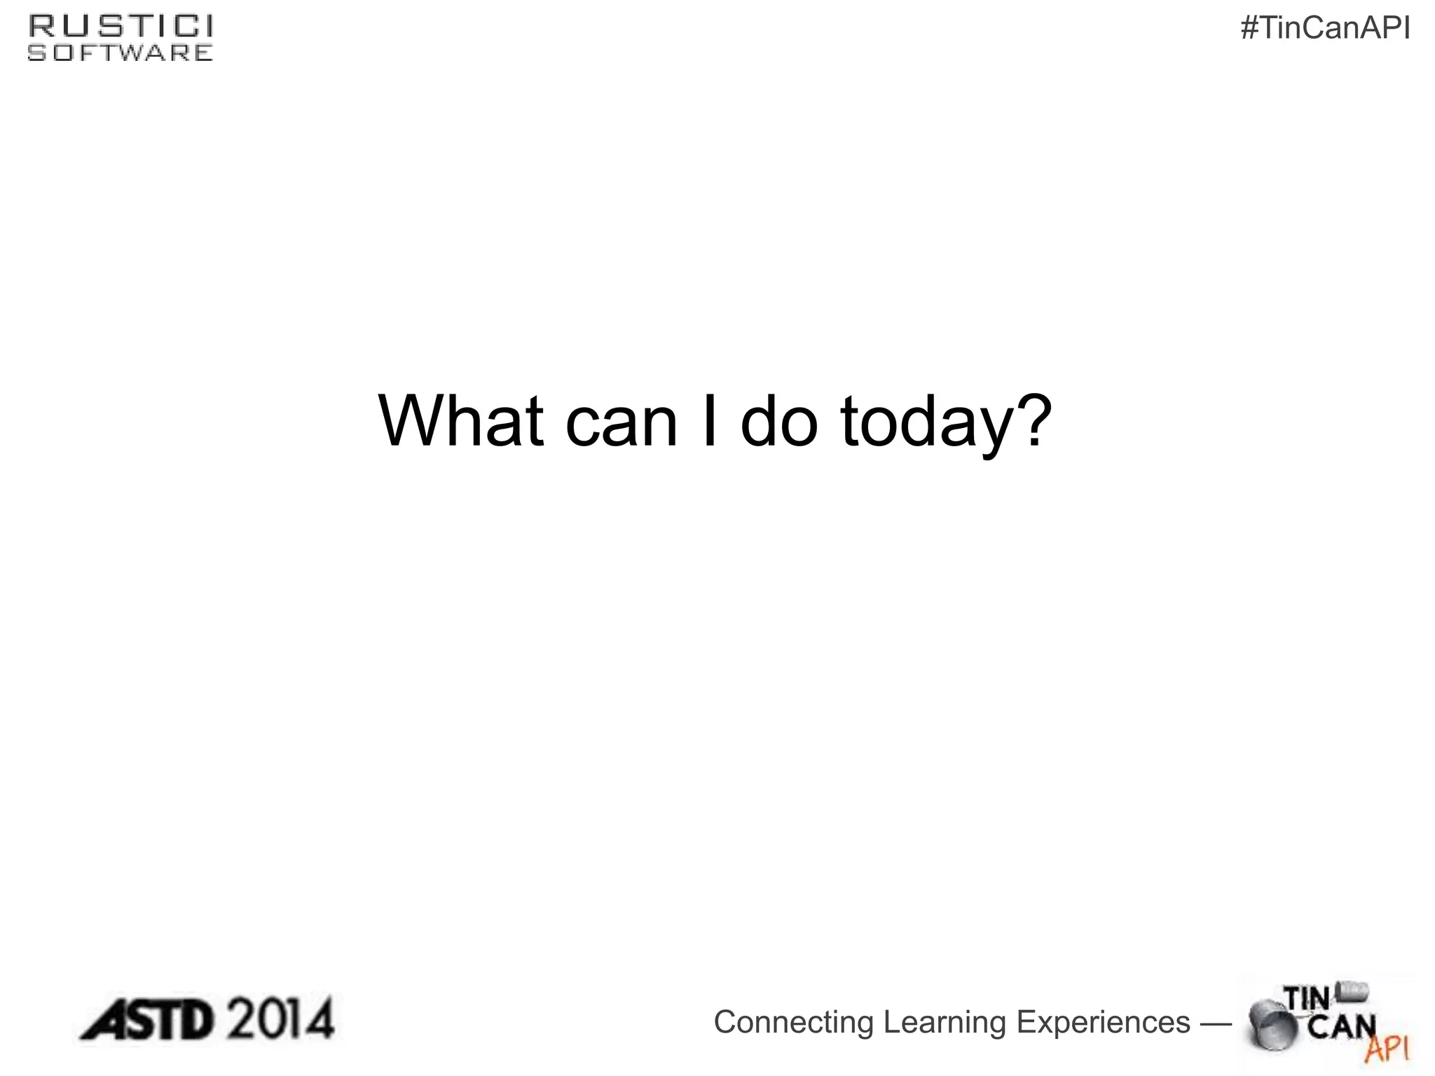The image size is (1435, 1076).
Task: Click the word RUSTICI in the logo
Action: pyautogui.click(x=121, y=27)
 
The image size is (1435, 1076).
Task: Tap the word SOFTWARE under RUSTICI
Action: pyautogui.click(x=121, y=53)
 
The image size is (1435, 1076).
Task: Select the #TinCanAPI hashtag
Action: pyautogui.click(x=1325, y=29)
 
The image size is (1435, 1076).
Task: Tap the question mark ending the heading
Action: pyautogui.click(x=1031, y=419)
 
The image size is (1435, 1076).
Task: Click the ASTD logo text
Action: pyautogui.click(x=146, y=1021)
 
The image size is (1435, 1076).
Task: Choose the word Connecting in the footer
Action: pyautogui.click(x=793, y=1022)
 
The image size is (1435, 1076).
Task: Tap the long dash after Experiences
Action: pyautogui.click(x=1216, y=1023)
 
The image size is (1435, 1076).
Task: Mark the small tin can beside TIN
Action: pyautogui.click(x=1352, y=991)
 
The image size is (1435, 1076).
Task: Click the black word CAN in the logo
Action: pyautogui.click(x=1341, y=1026)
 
